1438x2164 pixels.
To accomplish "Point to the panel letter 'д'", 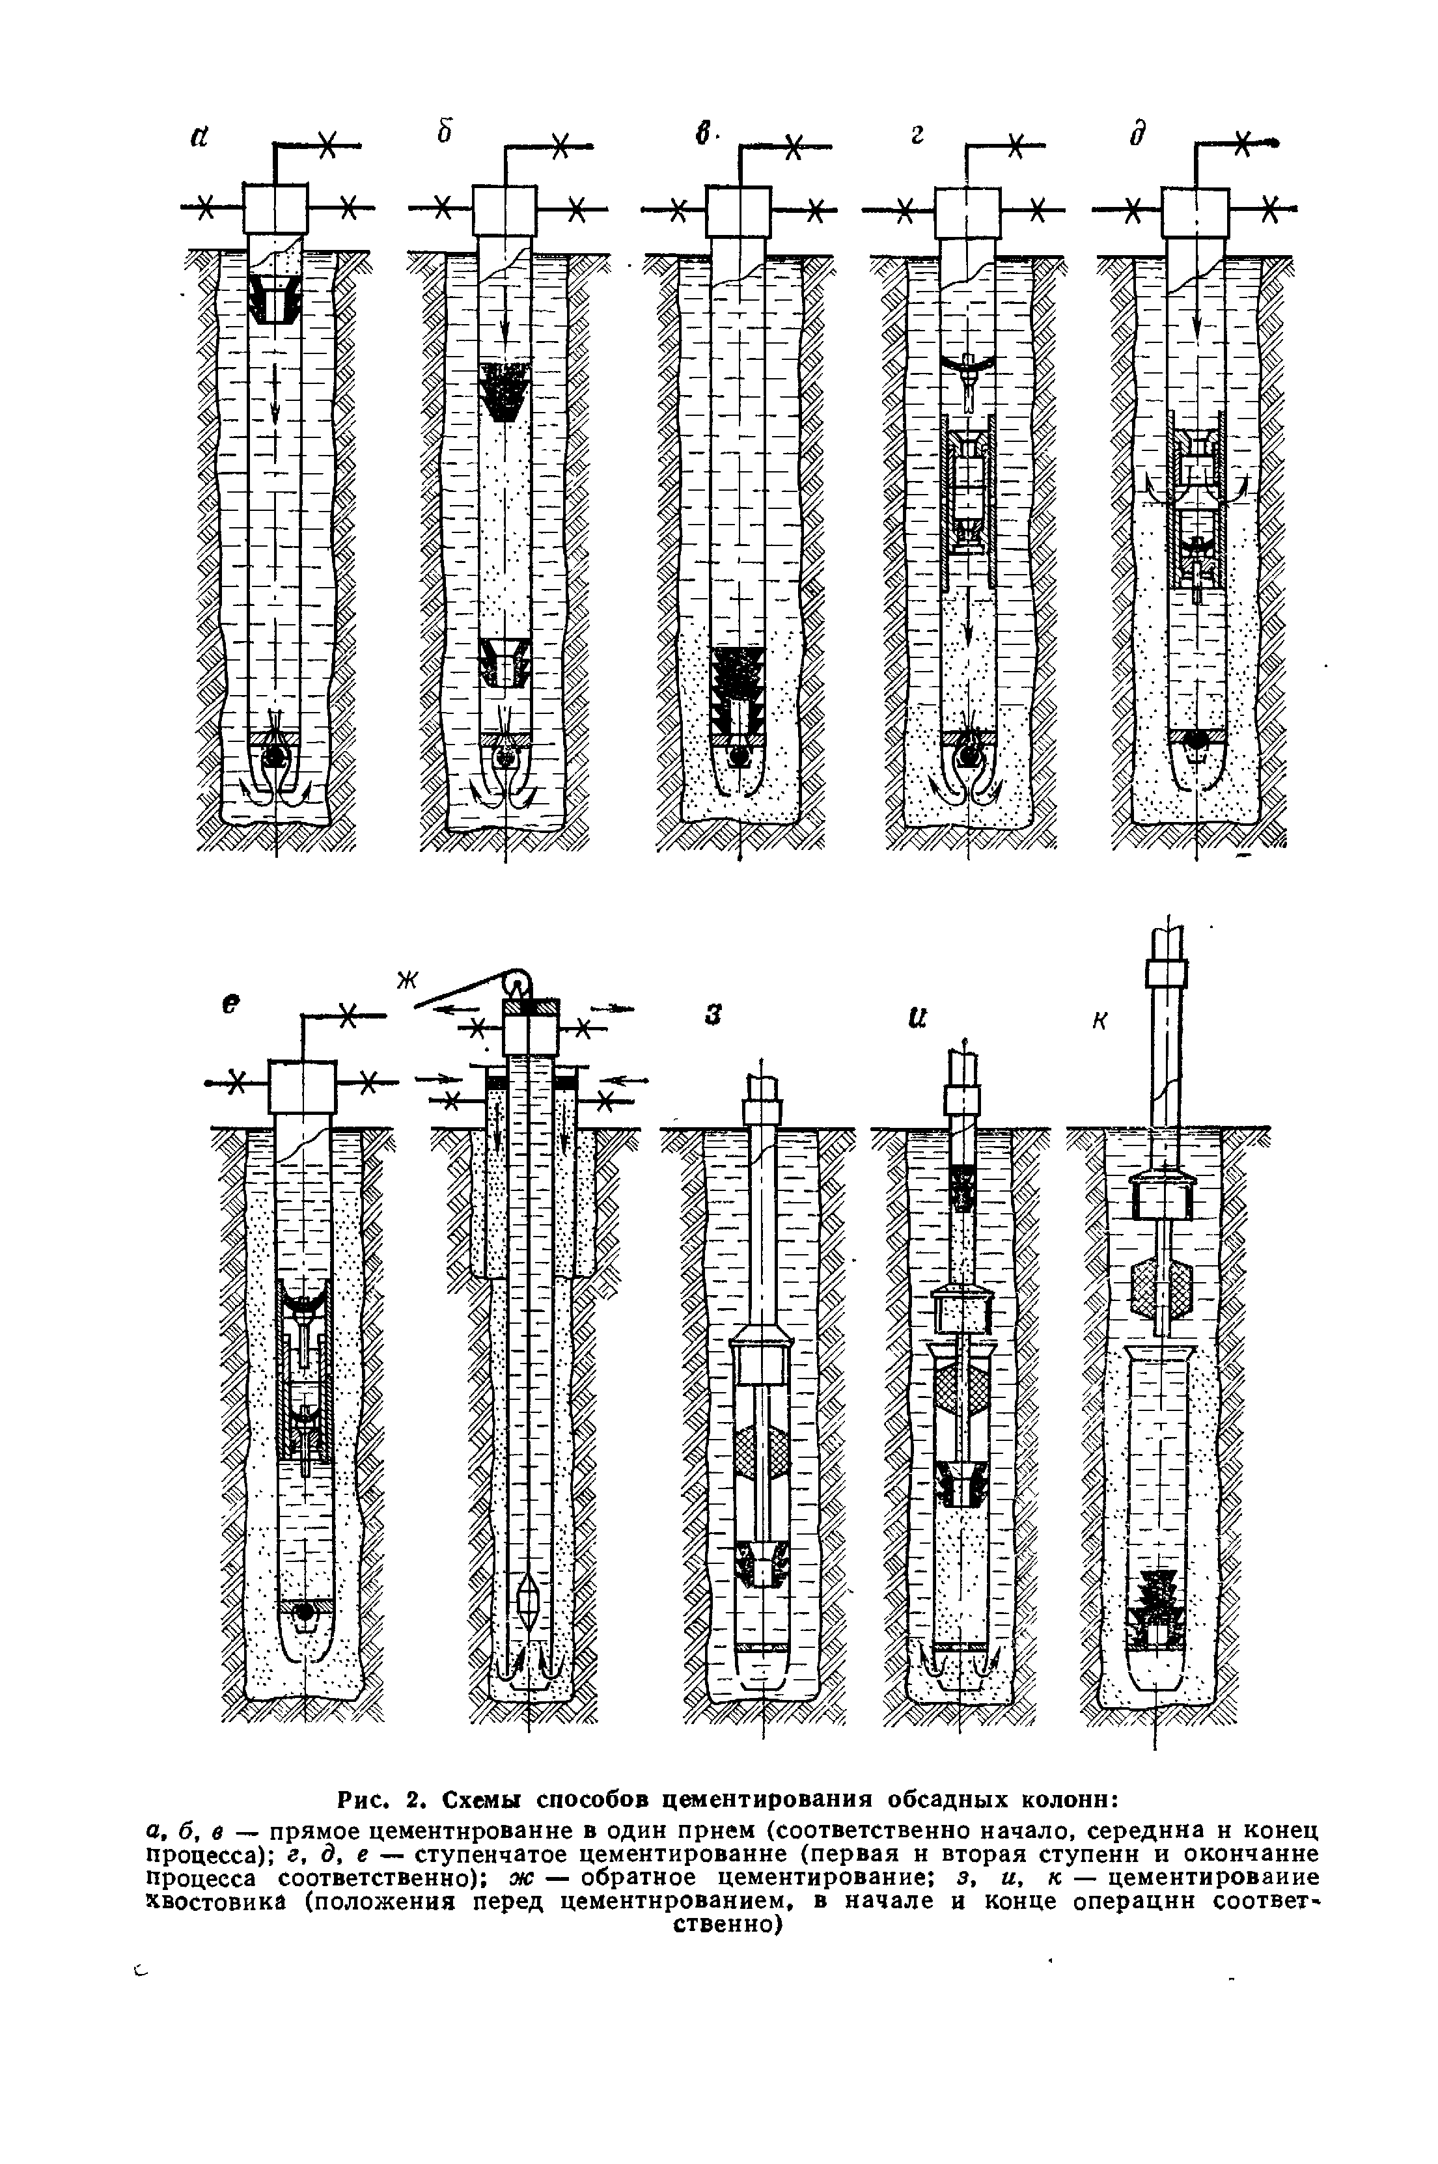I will click(x=1137, y=135).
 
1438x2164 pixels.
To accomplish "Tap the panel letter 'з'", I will click(x=713, y=1015).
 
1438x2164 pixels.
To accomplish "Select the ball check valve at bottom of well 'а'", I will click(x=274, y=758).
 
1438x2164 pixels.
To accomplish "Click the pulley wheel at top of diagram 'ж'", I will click(x=518, y=979).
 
